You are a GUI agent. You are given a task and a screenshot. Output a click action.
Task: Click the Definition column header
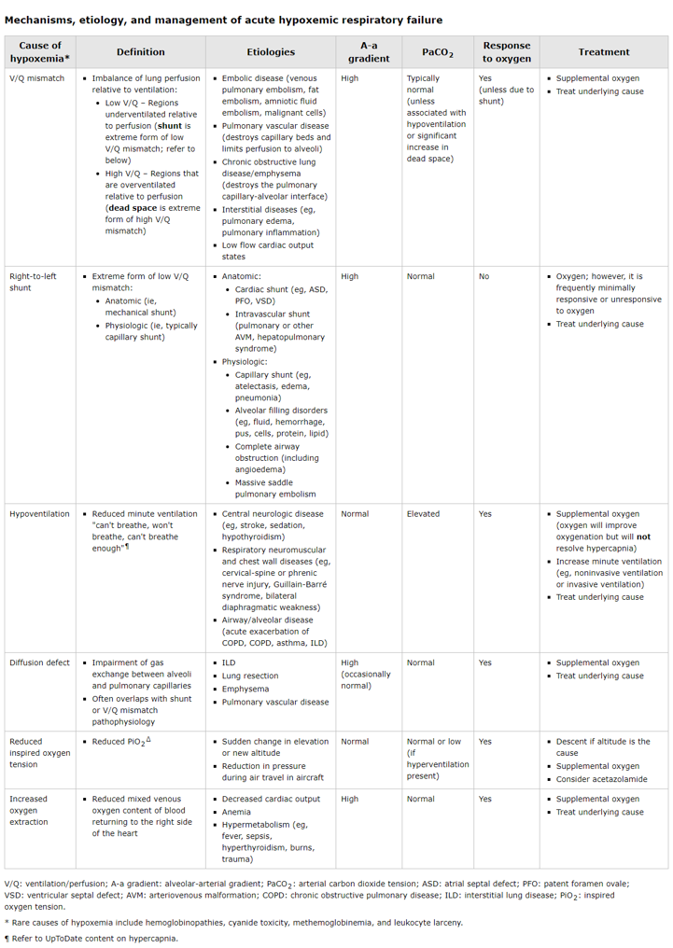pos(140,52)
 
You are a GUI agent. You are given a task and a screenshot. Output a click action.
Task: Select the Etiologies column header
pos(271,52)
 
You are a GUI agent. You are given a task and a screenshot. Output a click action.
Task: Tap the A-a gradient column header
pos(369,52)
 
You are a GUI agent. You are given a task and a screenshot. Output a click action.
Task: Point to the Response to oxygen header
pos(507,52)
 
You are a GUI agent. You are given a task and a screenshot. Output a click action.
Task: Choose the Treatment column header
pos(604,52)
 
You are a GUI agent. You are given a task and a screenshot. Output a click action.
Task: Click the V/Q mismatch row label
pos(37,78)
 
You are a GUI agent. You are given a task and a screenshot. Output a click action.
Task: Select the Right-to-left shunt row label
pos(34,282)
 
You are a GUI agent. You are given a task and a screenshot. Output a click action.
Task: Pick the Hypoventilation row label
pos(39,514)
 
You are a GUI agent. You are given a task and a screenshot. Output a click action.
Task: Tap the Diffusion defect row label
pos(39,662)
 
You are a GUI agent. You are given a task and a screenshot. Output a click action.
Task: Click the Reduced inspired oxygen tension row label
pos(39,753)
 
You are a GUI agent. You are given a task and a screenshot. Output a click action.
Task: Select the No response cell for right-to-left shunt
pos(484,276)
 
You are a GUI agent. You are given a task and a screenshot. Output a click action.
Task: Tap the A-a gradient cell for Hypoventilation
pos(355,514)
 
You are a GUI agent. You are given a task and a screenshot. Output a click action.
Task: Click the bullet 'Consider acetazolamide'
pos(601,779)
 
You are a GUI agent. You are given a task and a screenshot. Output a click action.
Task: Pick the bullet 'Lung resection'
pos(249,676)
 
